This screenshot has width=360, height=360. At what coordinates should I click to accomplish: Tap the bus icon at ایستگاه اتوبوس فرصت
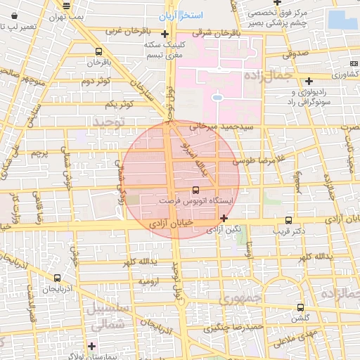[x=195, y=190]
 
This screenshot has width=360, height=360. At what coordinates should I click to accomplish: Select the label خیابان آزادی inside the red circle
[x=166, y=223]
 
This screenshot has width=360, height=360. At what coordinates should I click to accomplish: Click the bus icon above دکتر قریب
[x=289, y=220]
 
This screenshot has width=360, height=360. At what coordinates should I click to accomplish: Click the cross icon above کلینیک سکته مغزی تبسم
[x=165, y=33]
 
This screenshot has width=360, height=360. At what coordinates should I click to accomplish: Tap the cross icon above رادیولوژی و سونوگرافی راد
[x=309, y=81]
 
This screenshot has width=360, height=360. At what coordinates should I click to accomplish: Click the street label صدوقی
[x=296, y=53]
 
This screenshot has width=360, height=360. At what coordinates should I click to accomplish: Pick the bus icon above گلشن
[x=300, y=307]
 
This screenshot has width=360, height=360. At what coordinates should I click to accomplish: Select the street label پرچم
[x=40, y=153]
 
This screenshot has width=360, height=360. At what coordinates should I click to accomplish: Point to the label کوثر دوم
[x=97, y=82]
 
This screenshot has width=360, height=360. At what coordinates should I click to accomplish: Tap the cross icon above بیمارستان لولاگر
[x=92, y=346]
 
